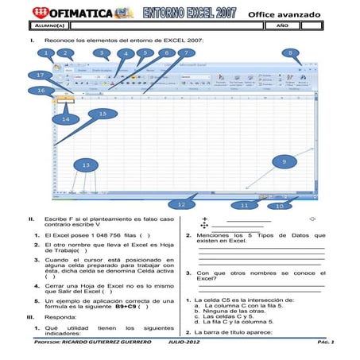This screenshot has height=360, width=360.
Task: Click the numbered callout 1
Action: point(48,54)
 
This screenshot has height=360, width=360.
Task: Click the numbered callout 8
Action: point(292,54)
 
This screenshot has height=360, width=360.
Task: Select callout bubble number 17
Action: point(40,75)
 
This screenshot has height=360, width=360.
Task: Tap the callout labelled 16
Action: point(40,91)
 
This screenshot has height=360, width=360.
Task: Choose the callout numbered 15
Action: point(102,114)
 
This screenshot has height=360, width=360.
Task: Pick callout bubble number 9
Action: point(284,161)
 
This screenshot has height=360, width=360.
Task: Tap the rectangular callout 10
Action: point(278,206)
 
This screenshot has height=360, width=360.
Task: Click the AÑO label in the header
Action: point(281,25)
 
